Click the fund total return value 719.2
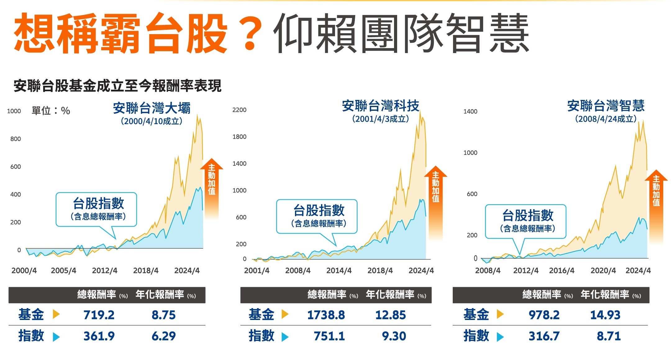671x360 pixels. coord(99,315)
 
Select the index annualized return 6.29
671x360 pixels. coord(164,336)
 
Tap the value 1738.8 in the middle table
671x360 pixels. coord(326,315)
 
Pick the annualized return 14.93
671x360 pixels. coord(605,315)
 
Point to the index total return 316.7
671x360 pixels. coord(544,336)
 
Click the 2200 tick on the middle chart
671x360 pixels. coord(239,110)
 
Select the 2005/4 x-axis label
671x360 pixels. coord(63,271)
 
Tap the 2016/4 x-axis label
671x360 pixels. coord(561,271)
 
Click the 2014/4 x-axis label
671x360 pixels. coord(339,271)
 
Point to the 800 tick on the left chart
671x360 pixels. coord(16,139)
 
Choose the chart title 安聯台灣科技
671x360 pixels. coord(380,106)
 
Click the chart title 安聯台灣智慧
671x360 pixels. coord(605,106)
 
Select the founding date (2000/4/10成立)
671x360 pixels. coord(151,121)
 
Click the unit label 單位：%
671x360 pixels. coord(51,110)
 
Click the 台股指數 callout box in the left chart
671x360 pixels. coord(96,209)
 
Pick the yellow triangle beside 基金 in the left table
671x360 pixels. coord(56,314)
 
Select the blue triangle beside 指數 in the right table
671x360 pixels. coord(500,337)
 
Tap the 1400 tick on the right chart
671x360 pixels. coord(470,112)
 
